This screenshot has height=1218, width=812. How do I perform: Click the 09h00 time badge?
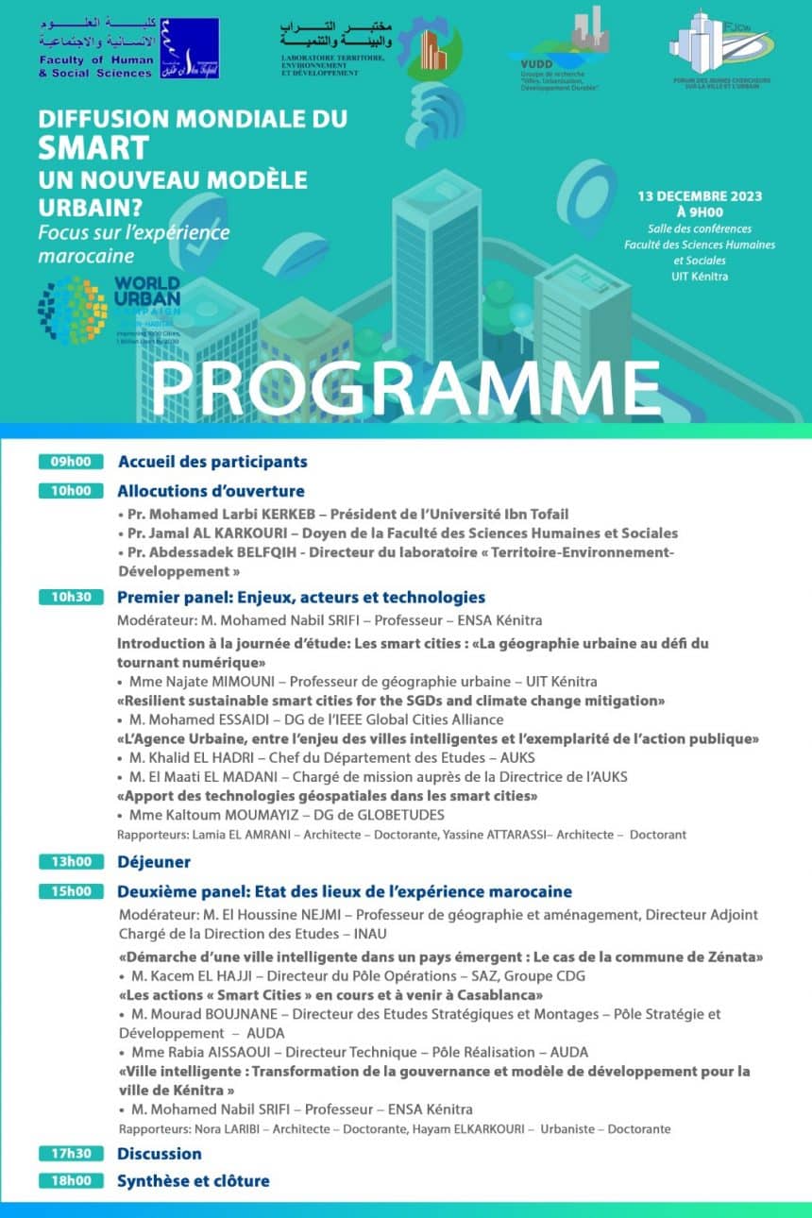pyautogui.click(x=71, y=462)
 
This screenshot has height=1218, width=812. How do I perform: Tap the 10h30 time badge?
pyautogui.click(x=71, y=598)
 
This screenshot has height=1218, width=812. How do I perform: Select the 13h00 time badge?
pyautogui.click(x=71, y=861)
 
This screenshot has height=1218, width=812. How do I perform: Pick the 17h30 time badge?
pyautogui.click(x=71, y=1153)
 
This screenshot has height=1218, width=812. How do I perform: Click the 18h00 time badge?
pyautogui.click(x=71, y=1180)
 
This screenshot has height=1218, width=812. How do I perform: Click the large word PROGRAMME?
pyautogui.click(x=405, y=384)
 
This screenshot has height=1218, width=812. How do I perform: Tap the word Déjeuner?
pyautogui.click(x=154, y=861)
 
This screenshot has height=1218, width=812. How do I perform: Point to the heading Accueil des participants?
pyautogui.click(x=212, y=462)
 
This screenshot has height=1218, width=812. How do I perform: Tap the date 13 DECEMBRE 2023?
pyautogui.click(x=700, y=196)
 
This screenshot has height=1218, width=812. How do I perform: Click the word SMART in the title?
pyautogui.click(x=93, y=147)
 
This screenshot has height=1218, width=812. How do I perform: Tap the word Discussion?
pyautogui.click(x=160, y=1153)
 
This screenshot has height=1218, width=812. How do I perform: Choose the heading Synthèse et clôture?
pyautogui.click(x=194, y=1180)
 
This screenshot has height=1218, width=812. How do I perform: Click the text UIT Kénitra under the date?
pyautogui.click(x=700, y=276)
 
